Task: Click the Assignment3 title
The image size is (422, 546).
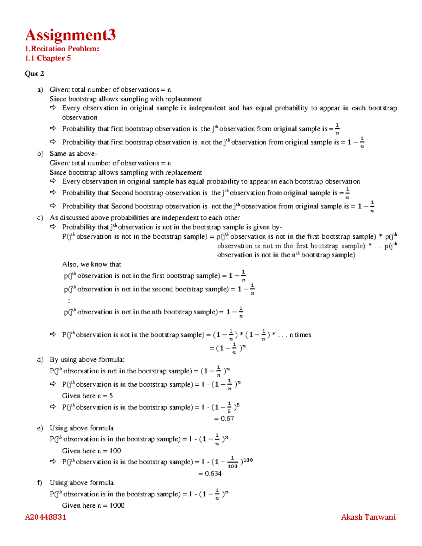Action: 70,35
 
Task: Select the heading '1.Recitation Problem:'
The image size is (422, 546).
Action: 62,49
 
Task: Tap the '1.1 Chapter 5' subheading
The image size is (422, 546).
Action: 48,58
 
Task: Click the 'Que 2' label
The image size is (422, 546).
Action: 34,74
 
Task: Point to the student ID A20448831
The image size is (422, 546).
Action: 45,517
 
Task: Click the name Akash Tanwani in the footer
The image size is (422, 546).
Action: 368,517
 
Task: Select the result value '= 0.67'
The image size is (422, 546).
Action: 224,419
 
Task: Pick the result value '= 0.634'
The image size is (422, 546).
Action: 210,474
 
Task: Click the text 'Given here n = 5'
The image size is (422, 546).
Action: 87,396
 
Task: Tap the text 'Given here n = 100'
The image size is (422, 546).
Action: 91,451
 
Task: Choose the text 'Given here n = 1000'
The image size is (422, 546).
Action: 93,506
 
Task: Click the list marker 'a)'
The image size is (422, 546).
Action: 40,90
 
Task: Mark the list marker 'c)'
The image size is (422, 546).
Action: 40,218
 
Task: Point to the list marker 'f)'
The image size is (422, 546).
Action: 40,483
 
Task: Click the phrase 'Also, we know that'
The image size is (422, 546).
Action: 91,264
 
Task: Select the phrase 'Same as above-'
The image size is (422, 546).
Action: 73,154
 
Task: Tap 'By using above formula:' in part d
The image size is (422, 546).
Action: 87,360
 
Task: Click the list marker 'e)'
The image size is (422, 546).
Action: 40,428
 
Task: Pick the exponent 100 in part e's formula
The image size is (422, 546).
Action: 248,460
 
